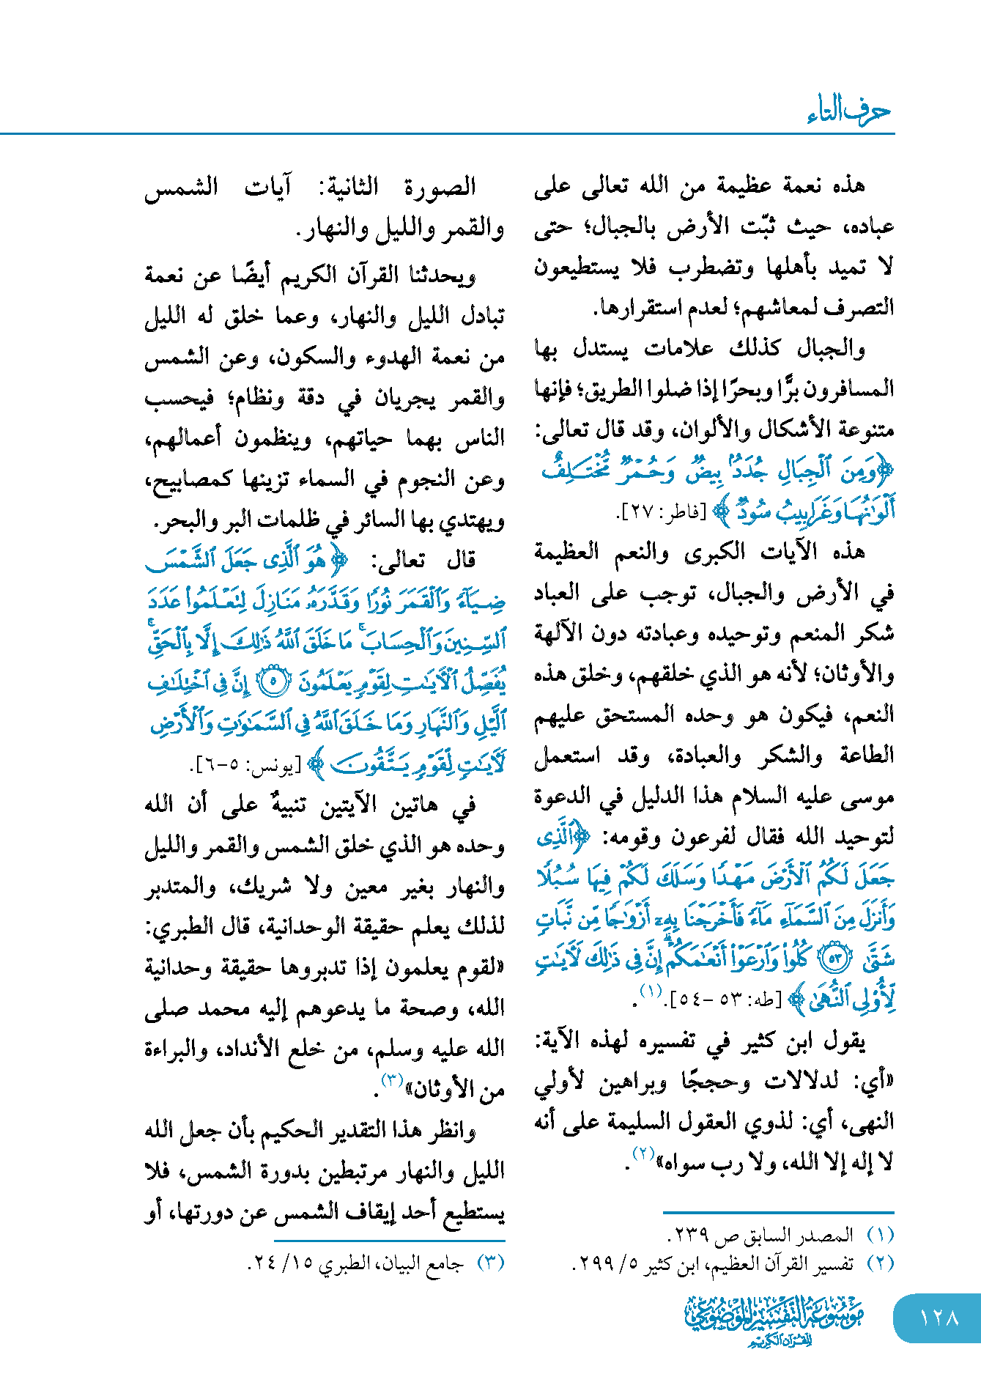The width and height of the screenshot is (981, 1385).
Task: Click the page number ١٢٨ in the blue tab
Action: [939, 1317]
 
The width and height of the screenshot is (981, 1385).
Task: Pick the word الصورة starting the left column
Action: [440, 188]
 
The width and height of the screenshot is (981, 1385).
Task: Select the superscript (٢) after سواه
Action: [643, 1153]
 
